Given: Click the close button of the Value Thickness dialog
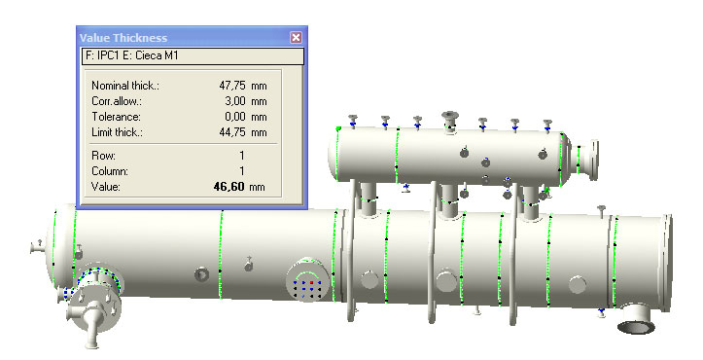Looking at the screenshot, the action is tap(296, 37).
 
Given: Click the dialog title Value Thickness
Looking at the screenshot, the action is tap(123, 38).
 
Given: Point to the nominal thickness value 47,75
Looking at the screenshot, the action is tap(232, 86).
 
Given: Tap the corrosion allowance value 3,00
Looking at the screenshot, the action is tap(235, 101).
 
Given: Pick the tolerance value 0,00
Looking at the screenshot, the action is tap(235, 117).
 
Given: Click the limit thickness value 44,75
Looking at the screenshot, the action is tap(232, 132).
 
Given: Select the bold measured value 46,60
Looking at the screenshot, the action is tap(229, 186).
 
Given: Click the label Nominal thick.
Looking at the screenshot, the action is tap(125, 86).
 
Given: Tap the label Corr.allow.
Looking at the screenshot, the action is tap(117, 101).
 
